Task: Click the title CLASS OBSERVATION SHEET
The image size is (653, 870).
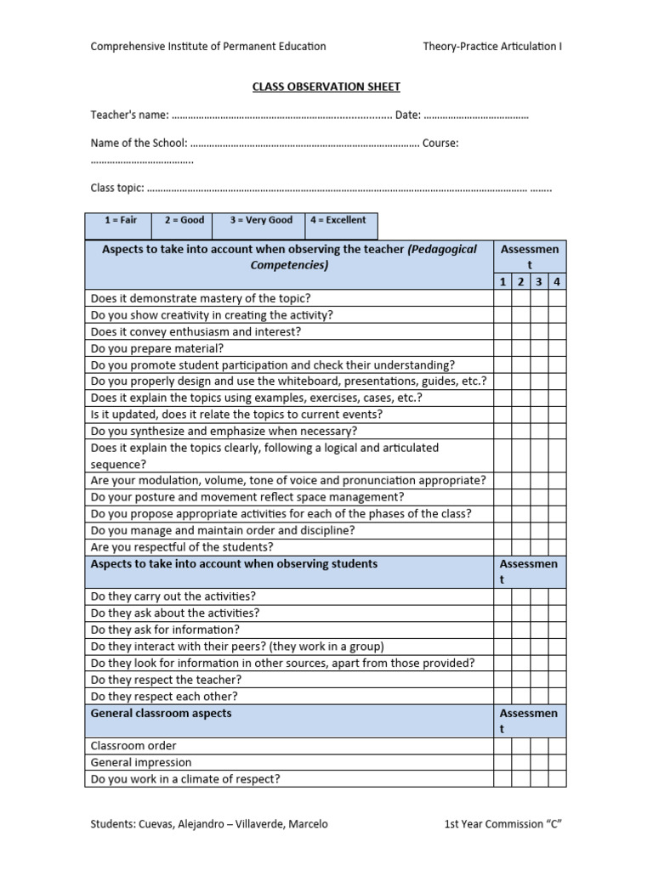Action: pyautogui.click(x=326, y=87)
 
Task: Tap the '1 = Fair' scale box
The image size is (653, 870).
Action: pyautogui.click(x=120, y=220)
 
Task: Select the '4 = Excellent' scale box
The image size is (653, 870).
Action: pyautogui.click(x=338, y=220)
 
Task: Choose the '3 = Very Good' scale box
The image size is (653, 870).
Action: pyautogui.click(x=261, y=220)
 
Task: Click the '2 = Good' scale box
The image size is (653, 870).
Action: pyautogui.click(x=184, y=220)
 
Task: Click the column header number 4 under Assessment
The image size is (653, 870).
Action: pyautogui.click(x=556, y=282)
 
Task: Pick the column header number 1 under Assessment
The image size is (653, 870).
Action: pyautogui.click(x=503, y=282)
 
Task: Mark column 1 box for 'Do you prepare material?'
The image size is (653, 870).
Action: pyautogui.click(x=503, y=348)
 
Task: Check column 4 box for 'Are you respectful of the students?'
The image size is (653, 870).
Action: pyautogui.click(x=556, y=547)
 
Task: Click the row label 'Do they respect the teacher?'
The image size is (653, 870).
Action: pyautogui.click(x=167, y=680)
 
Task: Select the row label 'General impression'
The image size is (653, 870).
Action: pyautogui.click(x=141, y=762)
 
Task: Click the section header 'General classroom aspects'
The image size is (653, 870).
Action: pyautogui.click(x=161, y=714)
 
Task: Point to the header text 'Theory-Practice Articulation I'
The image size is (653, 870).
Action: pyautogui.click(x=492, y=47)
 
